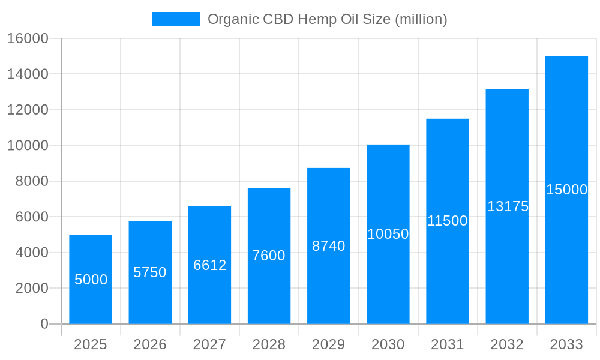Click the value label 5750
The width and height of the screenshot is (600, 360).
[x=150, y=272]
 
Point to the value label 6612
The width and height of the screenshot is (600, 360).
[x=209, y=265]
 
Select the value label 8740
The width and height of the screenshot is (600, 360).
[x=329, y=246]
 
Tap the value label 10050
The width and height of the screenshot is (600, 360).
[x=388, y=234]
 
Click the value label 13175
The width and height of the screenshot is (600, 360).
[x=508, y=206]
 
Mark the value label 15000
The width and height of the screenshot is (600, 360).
[x=566, y=190]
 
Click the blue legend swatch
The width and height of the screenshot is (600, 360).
[x=176, y=19]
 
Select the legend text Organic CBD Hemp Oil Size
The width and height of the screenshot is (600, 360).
[x=328, y=19]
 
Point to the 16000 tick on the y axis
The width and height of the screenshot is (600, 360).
[x=27, y=38]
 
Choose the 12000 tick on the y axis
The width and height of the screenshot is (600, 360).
[x=27, y=110]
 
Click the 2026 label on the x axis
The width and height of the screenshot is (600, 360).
[x=150, y=344]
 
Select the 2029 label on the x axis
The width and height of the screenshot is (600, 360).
[x=329, y=344]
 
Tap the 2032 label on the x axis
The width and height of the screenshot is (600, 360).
[x=507, y=344]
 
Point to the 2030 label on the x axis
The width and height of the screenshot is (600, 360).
[x=388, y=344]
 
